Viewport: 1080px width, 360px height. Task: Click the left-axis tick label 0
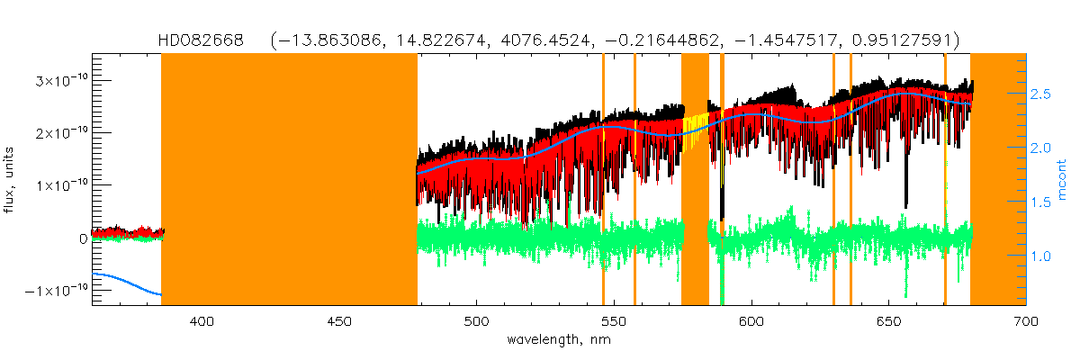point(82,238)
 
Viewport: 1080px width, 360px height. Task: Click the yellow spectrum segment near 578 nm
point(693,130)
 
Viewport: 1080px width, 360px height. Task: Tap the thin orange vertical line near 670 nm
point(945,180)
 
